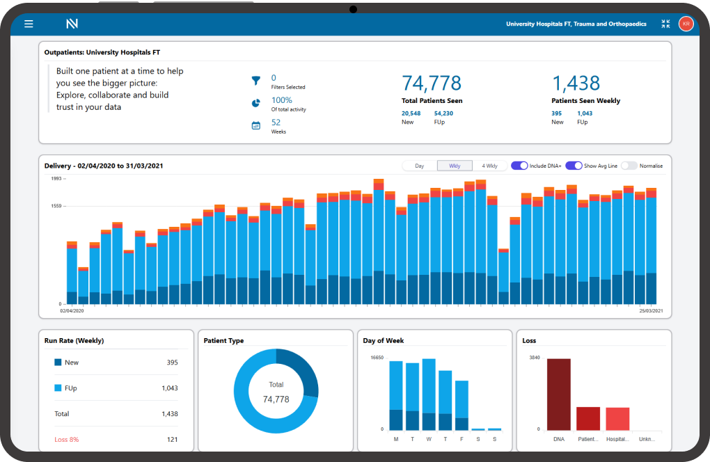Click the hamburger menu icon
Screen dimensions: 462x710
coord(29,24)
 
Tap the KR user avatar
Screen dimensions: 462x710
coord(686,24)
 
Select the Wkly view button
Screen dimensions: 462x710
coord(455,166)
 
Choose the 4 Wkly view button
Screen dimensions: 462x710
coord(489,166)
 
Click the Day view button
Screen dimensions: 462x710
coord(420,166)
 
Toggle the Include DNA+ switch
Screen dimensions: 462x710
coord(519,166)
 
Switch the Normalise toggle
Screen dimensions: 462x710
coord(629,166)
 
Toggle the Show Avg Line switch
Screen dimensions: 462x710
coord(574,166)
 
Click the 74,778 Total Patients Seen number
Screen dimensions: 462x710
coord(432,83)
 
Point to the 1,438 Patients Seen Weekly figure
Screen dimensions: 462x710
coord(575,83)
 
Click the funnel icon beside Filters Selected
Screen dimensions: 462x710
coord(255,81)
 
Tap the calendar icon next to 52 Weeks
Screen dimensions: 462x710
coord(255,126)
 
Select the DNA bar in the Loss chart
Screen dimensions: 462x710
coord(558,395)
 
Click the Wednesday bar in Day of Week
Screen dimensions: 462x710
coord(429,395)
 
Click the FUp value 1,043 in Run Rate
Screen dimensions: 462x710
coord(169,388)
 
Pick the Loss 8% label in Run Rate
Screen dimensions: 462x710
coord(67,439)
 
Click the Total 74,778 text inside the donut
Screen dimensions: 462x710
coord(276,392)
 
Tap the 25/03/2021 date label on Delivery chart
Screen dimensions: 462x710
coord(650,310)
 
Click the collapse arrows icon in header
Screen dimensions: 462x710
coord(665,24)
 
